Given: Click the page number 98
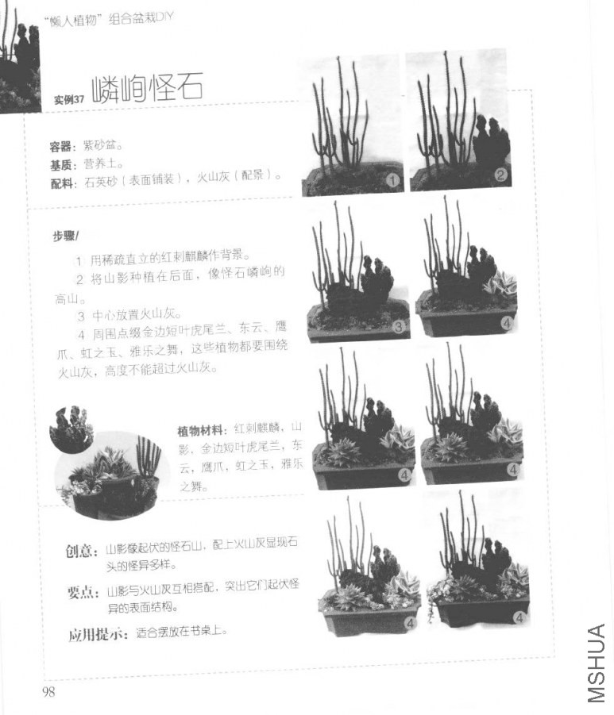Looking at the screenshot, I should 48,692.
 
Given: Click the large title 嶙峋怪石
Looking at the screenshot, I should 147,89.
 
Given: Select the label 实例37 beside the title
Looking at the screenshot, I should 69,99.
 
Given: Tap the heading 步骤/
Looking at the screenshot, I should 67,236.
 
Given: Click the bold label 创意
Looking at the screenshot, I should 83,550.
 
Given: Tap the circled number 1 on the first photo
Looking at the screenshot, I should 392,179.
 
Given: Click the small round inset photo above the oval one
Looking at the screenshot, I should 71,429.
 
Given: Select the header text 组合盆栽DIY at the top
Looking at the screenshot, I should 142,18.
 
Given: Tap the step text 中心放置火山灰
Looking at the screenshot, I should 137,313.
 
